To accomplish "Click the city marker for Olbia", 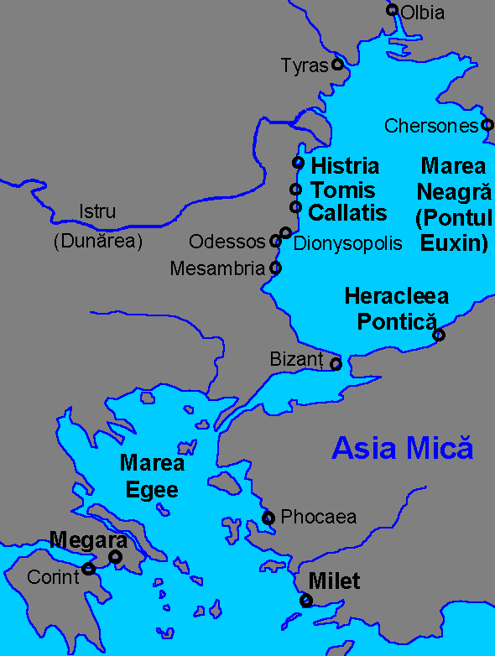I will coord(392,10).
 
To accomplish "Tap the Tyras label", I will coord(304,65).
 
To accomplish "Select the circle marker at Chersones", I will coord(487,125).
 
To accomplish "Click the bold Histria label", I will coord(345,166).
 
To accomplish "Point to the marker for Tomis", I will coord(295,190).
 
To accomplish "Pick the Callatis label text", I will coord(347,213).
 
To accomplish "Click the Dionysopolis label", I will coord(348,243).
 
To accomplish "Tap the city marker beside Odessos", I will coord(275,242).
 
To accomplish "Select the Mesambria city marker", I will coord(275,268).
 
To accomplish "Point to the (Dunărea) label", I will coord(98,242).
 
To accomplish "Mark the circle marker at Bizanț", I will coord(336,364).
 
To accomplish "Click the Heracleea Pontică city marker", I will coord(438,336).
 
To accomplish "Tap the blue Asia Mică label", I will coord(403,448).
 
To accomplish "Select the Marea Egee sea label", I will coord(152,476).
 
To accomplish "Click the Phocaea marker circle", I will coord(268,518).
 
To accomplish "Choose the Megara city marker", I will coord(116,556).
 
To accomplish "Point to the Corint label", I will coord(52,577).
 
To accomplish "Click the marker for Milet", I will coord(307,600).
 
